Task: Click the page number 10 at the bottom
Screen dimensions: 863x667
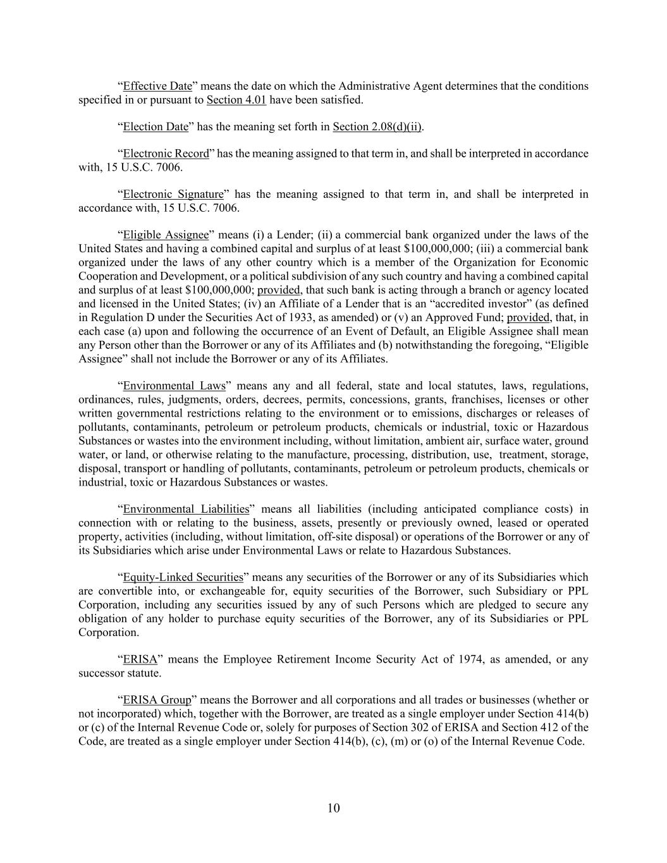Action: [333, 808]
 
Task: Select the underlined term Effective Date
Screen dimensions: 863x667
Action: [157, 86]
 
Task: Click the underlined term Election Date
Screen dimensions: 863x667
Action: [156, 127]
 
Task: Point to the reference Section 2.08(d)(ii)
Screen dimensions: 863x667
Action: [377, 127]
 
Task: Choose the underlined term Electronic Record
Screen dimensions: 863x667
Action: [166, 154]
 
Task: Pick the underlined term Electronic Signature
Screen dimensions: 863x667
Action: [173, 194]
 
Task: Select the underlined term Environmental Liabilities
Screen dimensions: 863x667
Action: [186, 509]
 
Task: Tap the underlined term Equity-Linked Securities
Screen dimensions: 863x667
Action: [183, 577]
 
